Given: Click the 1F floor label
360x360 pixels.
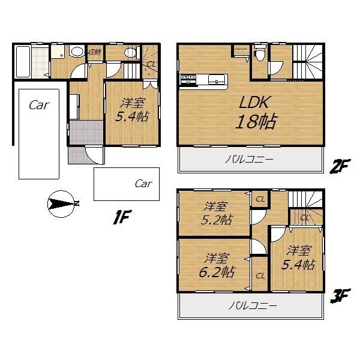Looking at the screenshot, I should (x=122, y=217).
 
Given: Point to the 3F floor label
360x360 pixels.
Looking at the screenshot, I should (x=339, y=295).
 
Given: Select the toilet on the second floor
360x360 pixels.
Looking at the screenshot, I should (x=259, y=55).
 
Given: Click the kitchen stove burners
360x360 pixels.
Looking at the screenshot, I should (x=187, y=77).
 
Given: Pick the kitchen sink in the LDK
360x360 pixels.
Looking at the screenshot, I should (x=216, y=78).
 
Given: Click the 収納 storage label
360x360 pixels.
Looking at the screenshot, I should (x=94, y=52).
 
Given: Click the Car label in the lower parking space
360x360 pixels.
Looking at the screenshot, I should (x=143, y=184).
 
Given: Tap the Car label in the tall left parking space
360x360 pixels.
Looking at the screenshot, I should (x=38, y=106).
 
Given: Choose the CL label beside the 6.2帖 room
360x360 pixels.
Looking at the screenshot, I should (x=260, y=275).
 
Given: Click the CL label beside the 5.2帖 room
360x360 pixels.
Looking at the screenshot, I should (x=260, y=199).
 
